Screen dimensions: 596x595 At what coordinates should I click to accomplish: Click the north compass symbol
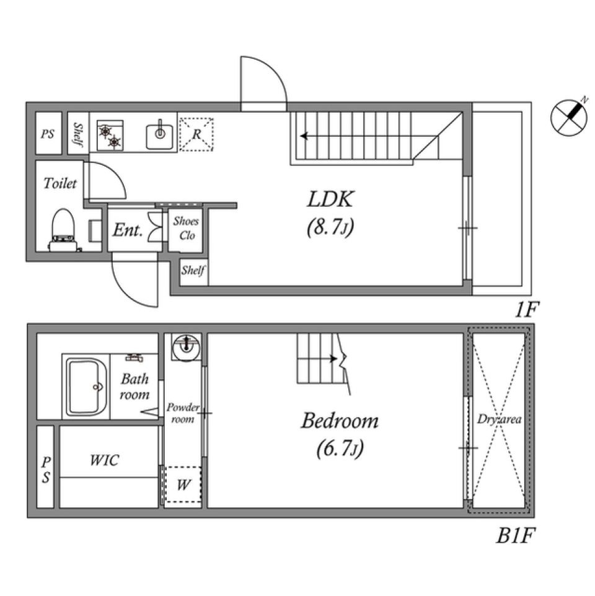[x=568, y=117]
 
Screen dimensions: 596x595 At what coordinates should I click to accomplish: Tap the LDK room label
[x=330, y=199]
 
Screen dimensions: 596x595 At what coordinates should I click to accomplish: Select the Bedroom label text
[x=340, y=421]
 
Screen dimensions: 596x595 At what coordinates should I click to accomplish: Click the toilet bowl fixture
[x=62, y=229]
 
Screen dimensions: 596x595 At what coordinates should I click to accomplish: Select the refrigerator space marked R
[x=196, y=134]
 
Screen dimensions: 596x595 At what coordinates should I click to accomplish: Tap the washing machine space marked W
[x=182, y=485]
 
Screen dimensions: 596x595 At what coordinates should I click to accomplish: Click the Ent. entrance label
[x=128, y=231]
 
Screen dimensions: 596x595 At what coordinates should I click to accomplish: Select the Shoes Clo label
[x=185, y=228]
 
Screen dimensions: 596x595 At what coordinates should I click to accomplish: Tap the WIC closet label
[x=105, y=460]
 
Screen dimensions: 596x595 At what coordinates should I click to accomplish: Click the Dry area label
[x=499, y=419]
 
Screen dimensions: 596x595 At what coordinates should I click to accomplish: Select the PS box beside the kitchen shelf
[x=48, y=133]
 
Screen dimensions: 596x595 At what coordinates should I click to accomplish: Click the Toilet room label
[x=60, y=183]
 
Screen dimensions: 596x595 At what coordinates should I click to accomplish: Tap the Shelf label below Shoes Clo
[x=193, y=271]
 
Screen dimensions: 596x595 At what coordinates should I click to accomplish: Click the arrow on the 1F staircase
[x=304, y=136]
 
